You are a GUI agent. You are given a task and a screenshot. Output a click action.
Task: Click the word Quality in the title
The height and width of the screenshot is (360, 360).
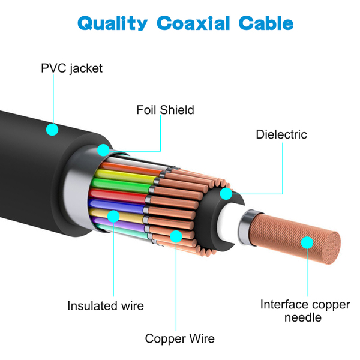coord(112,24)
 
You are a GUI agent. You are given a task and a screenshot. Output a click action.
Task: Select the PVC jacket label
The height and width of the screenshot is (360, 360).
coord(71,68)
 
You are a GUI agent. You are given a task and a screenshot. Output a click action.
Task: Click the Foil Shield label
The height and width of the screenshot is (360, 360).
coord(165,110)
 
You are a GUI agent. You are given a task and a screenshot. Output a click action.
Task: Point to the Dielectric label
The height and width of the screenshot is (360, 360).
coord(281,134)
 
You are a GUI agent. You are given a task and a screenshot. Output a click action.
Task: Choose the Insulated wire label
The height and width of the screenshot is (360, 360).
coord(106,306)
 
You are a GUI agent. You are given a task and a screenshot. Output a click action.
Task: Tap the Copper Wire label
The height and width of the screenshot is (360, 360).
coord(179,338)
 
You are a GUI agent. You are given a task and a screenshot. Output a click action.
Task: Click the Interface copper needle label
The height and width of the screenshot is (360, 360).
coord(305,311)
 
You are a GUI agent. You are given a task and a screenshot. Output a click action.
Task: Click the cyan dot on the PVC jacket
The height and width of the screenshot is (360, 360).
coord(52,128)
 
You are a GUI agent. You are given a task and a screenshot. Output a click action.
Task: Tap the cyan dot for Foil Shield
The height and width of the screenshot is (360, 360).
coord(104,149)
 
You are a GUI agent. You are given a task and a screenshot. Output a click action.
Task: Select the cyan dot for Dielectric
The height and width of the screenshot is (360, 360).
coord(226,194)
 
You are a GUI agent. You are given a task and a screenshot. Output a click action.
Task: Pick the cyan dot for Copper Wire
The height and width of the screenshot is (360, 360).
coord(176,236)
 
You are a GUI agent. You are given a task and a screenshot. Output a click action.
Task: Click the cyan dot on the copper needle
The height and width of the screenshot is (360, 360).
coord(307,242)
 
